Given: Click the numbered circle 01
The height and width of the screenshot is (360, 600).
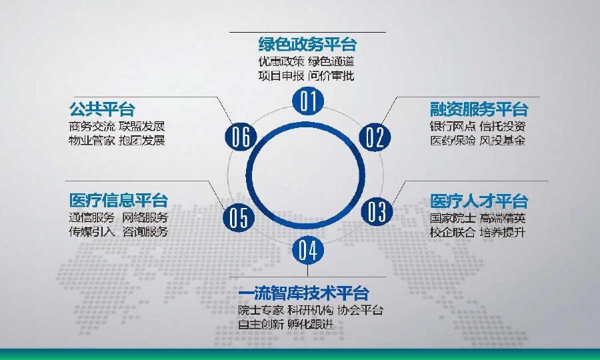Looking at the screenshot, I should [307, 101].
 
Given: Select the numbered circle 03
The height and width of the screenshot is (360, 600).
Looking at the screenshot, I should [377, 211].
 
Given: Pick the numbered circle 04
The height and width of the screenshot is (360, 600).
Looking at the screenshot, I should [307, 250].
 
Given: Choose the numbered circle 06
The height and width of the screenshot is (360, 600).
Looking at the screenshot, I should [241, 137].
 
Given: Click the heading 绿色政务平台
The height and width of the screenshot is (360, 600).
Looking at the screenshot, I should [307, 45].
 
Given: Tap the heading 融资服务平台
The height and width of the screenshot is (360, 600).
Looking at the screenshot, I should [479, 109].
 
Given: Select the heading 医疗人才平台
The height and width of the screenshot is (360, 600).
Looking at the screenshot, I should [479, 201].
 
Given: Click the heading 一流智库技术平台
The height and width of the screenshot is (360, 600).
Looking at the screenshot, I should [303, 293].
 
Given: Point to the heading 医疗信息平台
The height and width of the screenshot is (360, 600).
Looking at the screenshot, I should [119, 200].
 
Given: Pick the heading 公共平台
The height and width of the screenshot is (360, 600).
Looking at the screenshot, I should [101, 109].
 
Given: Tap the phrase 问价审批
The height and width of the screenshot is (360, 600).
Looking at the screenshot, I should [331, 76].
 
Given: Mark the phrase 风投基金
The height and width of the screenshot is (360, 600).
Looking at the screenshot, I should [503, 141].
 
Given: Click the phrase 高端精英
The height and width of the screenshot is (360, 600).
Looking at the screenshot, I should [503, 218].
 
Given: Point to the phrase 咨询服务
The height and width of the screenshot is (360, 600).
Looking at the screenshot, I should [144, 232].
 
